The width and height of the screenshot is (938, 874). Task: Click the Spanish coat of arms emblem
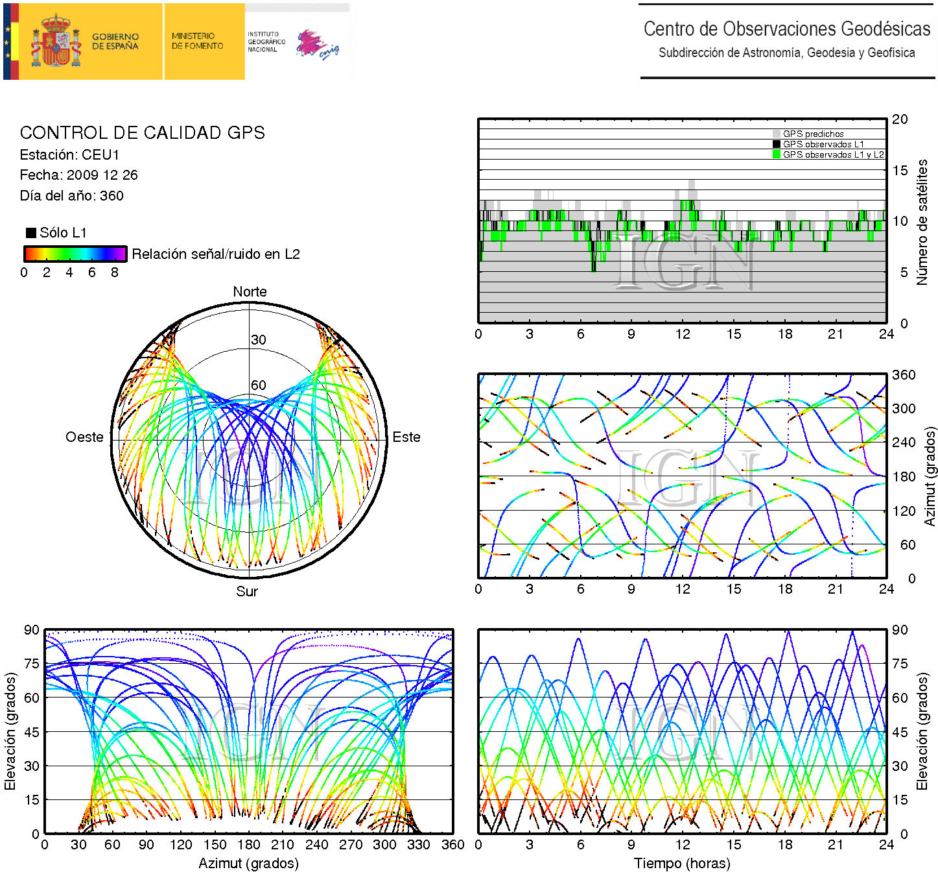[57, 42]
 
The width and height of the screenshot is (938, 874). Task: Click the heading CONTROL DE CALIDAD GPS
[143, 133]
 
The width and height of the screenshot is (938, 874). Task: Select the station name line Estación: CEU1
[70, 155]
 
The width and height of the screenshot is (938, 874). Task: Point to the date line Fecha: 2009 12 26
[78, 175]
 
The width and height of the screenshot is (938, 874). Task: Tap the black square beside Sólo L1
[30, 233]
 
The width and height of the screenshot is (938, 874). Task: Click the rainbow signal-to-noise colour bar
[75, 254]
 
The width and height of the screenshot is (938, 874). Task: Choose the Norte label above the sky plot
[250, 292]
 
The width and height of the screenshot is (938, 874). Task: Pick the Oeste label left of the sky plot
[84, 437]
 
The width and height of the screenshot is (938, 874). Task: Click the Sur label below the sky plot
[247, 591]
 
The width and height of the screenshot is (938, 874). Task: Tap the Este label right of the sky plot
[406, 437]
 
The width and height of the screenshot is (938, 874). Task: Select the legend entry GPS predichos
[813, 134]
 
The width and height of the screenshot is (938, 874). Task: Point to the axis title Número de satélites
[922, 222]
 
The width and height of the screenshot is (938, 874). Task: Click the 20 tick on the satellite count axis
[900, 119]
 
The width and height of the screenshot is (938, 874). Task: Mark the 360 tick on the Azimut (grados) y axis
[904, 375]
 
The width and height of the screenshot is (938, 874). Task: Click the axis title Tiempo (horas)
[682, 864]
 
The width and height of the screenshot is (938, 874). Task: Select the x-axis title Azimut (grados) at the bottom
[248, 864]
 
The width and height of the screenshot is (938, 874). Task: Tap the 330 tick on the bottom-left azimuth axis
[418, 845]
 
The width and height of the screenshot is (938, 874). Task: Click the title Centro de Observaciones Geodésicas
[787, 29]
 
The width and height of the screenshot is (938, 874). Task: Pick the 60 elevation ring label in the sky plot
[259, 385]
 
